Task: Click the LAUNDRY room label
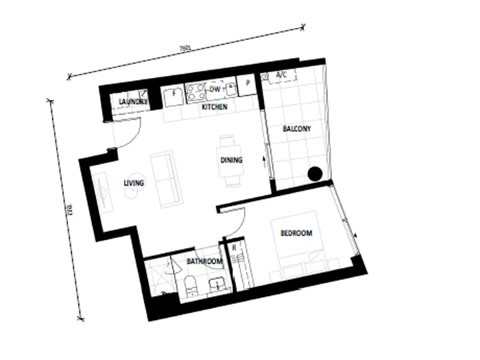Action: point(132,101)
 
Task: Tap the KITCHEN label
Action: point(215,107)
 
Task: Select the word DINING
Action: point(231,160)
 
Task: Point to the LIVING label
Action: point(134,183)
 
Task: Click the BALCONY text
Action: point(297,128)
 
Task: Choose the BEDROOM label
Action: point(296,233)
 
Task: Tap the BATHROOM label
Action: point(204,261)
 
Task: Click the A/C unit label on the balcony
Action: point(282,76)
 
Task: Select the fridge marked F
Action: point(174,93)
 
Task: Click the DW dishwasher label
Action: point(215,89)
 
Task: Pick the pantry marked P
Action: point(247,83)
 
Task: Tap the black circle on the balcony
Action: point(315,174)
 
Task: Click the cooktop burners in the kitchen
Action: point(197,90)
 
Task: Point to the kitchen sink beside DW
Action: point(231,87)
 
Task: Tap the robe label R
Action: point(234,248)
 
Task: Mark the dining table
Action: point(231,161)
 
